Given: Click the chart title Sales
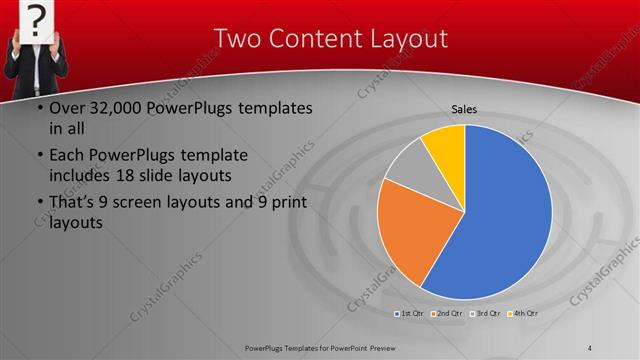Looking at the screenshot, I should click(x=464, y=109).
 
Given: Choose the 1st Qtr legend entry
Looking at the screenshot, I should click(x=410, y=314).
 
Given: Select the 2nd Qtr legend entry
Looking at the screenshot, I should click(x=447, y=314).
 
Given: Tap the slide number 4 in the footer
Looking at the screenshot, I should click(x=590, y=347).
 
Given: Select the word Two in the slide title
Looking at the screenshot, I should click(x=236, y=38).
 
